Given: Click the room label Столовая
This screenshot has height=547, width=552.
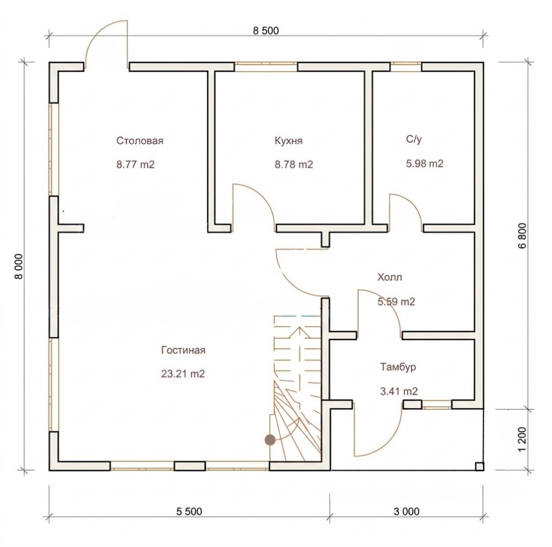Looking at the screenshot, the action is click(140, 141).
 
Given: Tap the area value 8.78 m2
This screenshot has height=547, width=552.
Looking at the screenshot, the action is click(294, 165).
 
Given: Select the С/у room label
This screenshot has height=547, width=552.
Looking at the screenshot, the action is click(413, 139).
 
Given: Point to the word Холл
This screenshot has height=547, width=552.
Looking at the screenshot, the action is click(389, 277).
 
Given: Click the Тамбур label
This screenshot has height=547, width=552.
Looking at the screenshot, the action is click(398, 367).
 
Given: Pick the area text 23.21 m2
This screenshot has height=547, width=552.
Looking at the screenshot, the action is click(183, 374).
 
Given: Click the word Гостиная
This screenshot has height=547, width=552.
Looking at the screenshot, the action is click(183, 350).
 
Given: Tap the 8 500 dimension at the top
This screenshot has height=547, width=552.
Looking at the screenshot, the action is click(266, 31).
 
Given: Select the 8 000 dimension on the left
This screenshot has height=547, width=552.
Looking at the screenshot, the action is click(18, 267).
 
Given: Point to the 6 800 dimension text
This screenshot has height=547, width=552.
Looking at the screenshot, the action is click(522, 236).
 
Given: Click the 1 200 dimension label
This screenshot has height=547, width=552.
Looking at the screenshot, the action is click(522, 440).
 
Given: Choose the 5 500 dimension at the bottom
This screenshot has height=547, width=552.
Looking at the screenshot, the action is click(189, 511).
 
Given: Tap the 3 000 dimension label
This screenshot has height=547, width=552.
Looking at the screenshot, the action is click(406, 511).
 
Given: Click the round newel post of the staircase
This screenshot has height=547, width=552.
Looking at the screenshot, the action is click(270, 439).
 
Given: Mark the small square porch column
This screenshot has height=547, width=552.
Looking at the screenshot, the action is click(479, 466).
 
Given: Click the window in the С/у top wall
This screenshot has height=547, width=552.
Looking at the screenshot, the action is click(405, 67).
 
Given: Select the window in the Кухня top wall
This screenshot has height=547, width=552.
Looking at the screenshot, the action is click(266, 67).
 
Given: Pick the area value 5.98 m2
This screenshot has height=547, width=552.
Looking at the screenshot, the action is click(425, 164).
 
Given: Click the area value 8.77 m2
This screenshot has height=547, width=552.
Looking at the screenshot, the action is click(135, 165).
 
